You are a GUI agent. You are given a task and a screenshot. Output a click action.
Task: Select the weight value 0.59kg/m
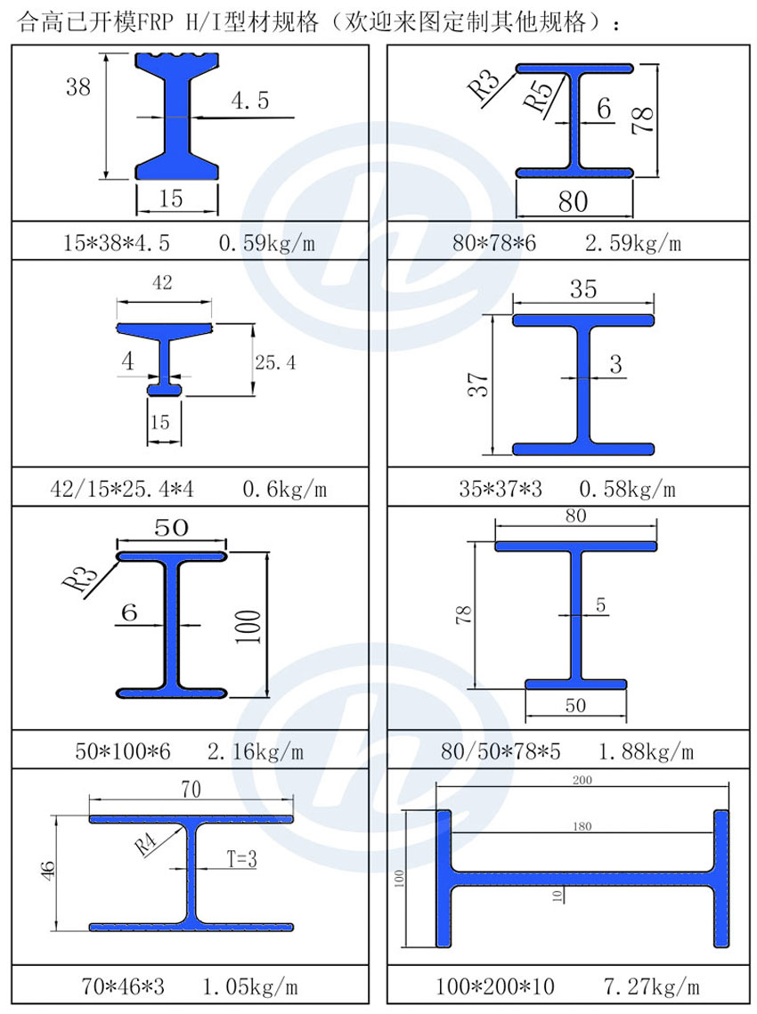[x=266, y=243]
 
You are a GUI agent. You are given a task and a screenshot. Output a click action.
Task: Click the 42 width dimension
[x=163, y=284]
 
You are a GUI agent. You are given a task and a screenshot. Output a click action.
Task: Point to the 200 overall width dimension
[x=582, y=780]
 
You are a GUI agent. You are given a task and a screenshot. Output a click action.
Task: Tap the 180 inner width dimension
[x=582, y=827]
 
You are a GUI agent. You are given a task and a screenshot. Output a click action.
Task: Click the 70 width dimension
[x=191, y=790]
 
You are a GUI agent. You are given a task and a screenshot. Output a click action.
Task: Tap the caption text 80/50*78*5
[x=501, y=752]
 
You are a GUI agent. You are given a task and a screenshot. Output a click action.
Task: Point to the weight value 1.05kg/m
[x=250, y=987]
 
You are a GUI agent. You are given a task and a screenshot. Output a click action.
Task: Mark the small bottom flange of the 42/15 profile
[x=165, y=389]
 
